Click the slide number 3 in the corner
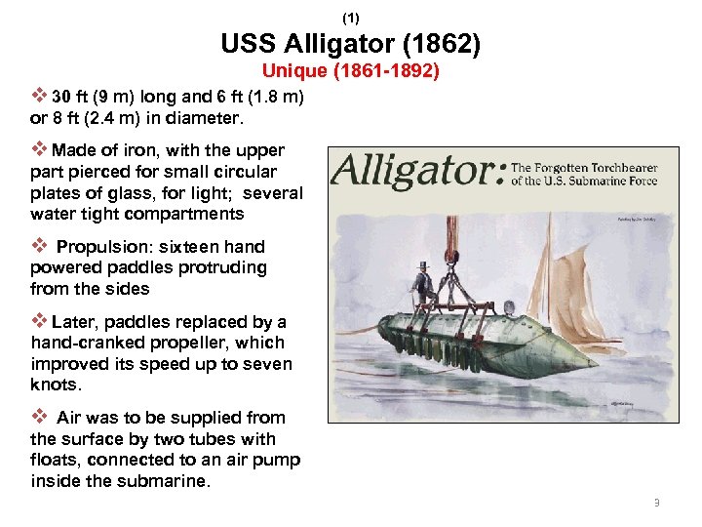[x=657, y=503]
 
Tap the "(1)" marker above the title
[x=351, y=18]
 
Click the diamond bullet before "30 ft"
[x=39, y=97]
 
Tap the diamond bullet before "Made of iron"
[x=39, y=149]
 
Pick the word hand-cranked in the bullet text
[x=78, y=343]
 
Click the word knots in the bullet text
[x=56, y=385]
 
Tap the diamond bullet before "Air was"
[x=39, y=417]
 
